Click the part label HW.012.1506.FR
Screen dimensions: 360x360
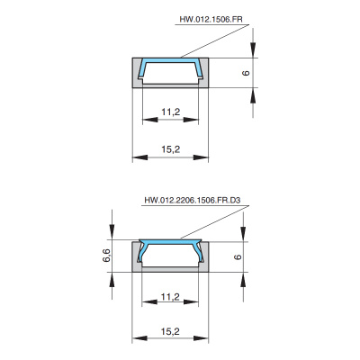[211, 19]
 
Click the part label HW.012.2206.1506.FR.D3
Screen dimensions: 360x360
[193, 200]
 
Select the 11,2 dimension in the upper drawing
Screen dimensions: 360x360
[171, 112]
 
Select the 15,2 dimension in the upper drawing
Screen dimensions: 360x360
[171, 149]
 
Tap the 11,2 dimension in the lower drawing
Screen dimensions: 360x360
[170, 297]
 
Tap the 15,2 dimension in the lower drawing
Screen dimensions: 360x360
[170, 331]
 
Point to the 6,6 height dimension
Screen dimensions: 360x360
[107, 256]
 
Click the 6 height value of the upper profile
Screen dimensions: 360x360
[246, 73]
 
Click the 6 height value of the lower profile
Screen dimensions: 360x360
[238, 256]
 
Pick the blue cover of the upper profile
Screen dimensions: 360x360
[171, 60]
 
